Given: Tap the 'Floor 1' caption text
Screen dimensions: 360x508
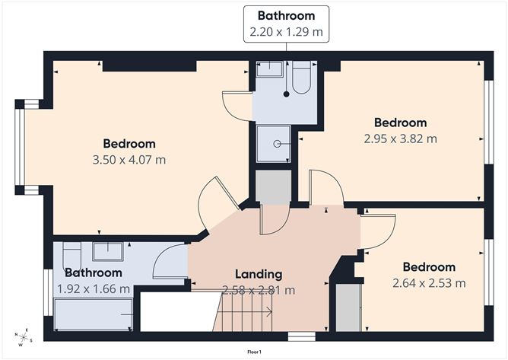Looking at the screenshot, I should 253,352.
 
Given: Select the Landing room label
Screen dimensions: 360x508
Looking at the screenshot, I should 259,274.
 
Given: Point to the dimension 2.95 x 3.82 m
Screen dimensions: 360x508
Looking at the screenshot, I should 400,139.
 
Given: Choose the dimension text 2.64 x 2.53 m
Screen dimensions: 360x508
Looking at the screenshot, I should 429,283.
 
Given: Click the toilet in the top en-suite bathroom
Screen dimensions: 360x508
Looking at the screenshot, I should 300,79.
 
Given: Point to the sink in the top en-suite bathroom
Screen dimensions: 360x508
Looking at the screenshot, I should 269,70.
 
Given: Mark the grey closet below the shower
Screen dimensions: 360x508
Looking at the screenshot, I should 273,187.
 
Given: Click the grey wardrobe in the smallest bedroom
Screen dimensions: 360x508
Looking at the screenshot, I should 348,307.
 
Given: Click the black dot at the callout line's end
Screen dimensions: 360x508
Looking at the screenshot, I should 287,95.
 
